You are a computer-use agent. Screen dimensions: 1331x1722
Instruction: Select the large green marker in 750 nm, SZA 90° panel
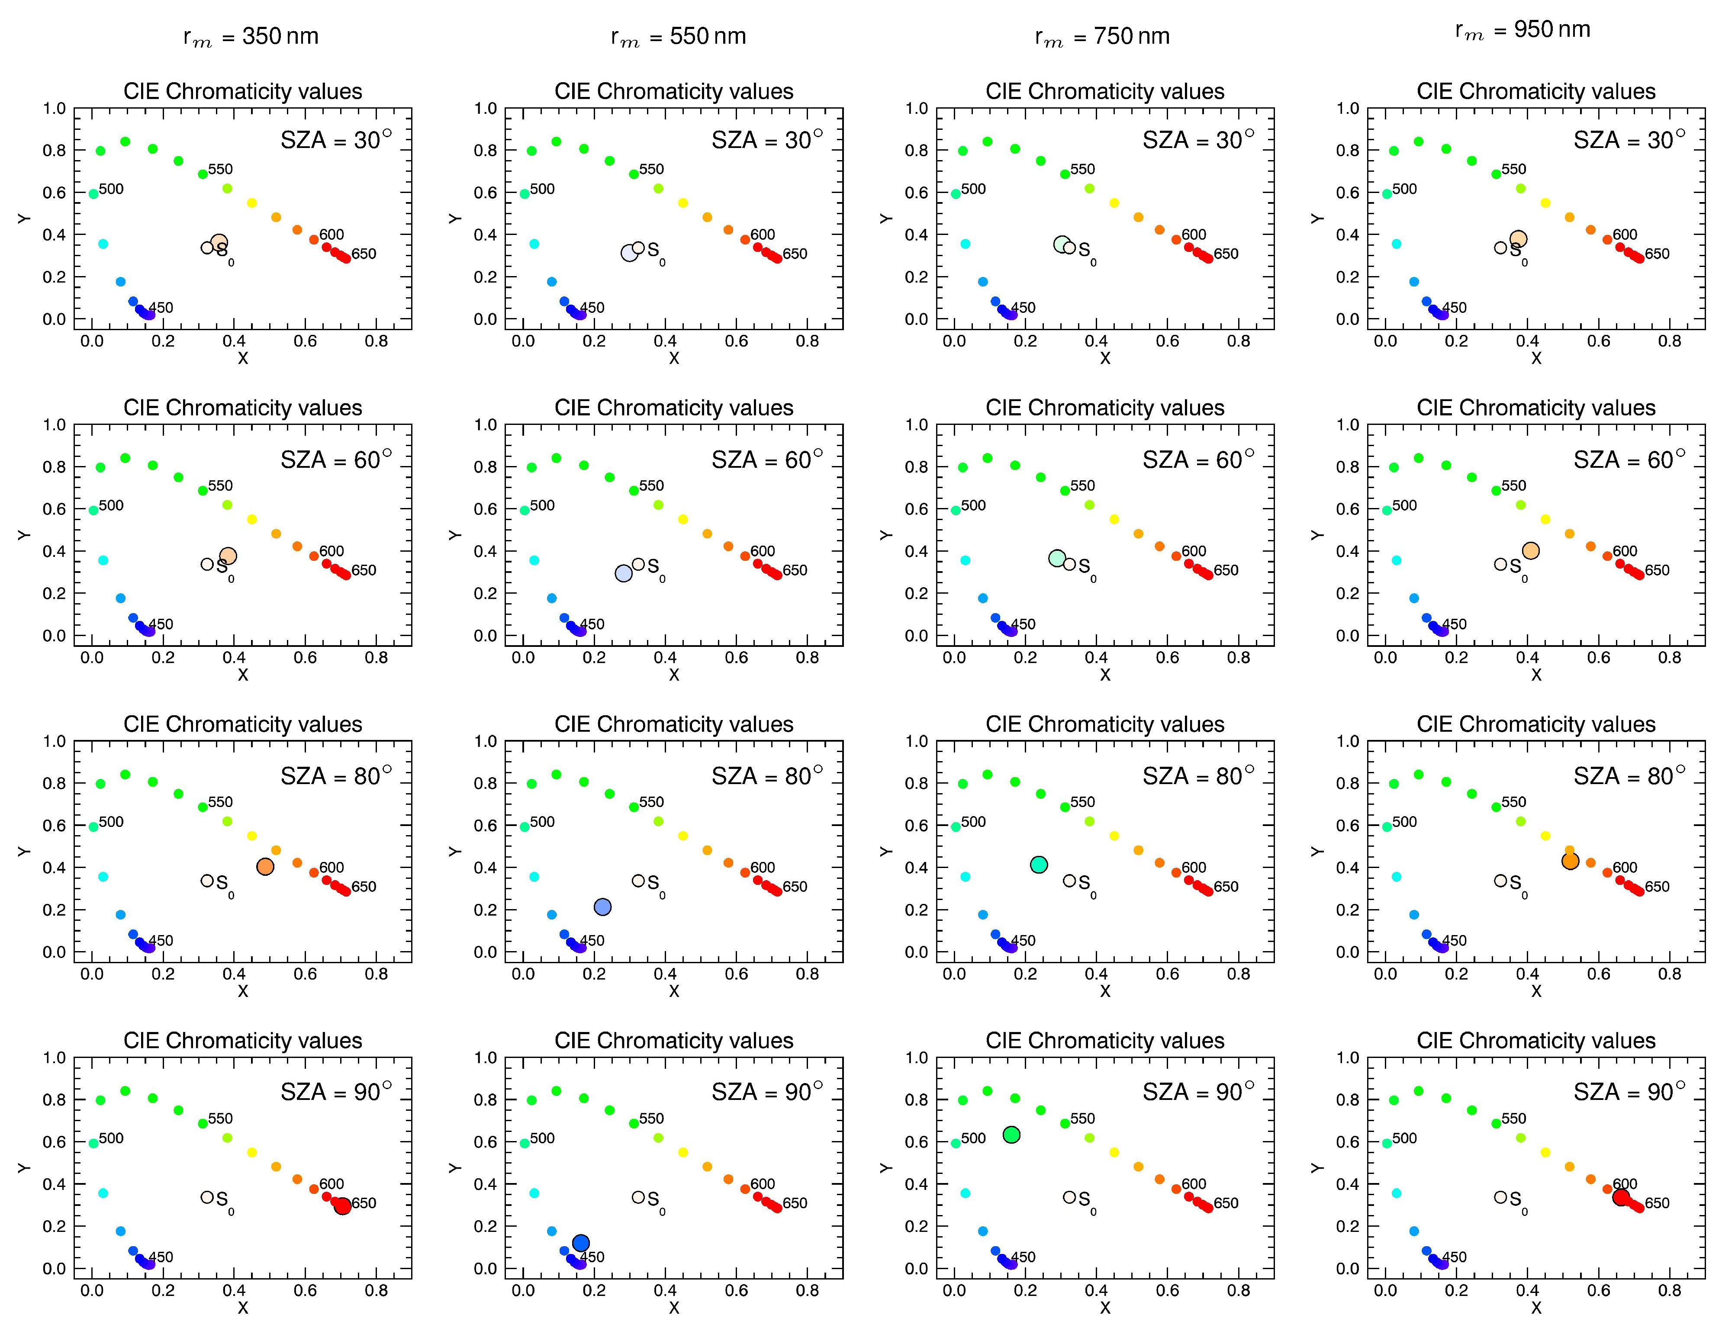click(1011, 1135)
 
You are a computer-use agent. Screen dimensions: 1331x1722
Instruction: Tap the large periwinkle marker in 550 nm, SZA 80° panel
click(602, 907)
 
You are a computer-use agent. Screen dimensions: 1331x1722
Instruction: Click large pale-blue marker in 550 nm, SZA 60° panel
click(624, 573)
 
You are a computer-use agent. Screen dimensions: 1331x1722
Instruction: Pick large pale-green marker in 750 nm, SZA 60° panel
click(1057, 558)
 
